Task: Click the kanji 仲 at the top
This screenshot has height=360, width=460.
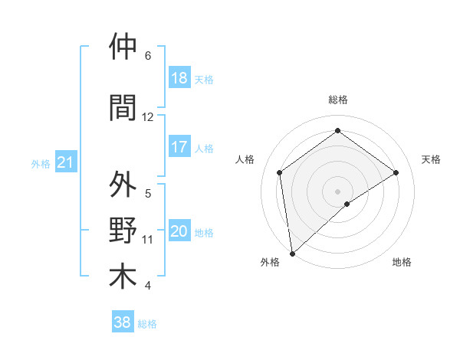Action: [123, 47]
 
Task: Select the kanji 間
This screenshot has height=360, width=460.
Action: [123, 107]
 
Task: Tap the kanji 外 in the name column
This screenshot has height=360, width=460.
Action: [123, 185]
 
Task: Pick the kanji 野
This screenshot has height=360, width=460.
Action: [123, 231]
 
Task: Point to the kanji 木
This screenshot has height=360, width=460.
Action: [123, 276]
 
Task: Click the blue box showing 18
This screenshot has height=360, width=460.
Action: [179, 78]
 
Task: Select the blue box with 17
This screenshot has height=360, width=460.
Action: [179, 147]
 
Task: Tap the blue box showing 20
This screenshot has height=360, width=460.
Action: [179, 231]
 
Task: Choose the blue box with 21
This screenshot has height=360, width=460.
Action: [65, 162]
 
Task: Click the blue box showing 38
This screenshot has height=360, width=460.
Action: [123, 322]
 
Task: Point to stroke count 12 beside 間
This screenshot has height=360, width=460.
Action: [148, 117]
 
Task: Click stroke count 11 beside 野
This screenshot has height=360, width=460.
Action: [148, 240]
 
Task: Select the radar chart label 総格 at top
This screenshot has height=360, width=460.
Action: [337, 100]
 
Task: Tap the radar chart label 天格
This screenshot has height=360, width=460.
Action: [431, 159]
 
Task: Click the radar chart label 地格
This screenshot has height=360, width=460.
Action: [402, 262]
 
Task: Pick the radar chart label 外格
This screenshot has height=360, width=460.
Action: [270, 262]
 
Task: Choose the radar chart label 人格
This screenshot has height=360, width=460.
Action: [245, 159]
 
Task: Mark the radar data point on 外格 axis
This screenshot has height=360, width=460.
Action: [291, 253]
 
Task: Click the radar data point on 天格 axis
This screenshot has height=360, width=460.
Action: [396, 172]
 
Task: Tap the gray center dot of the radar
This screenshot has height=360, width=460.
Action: [337, 190]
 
